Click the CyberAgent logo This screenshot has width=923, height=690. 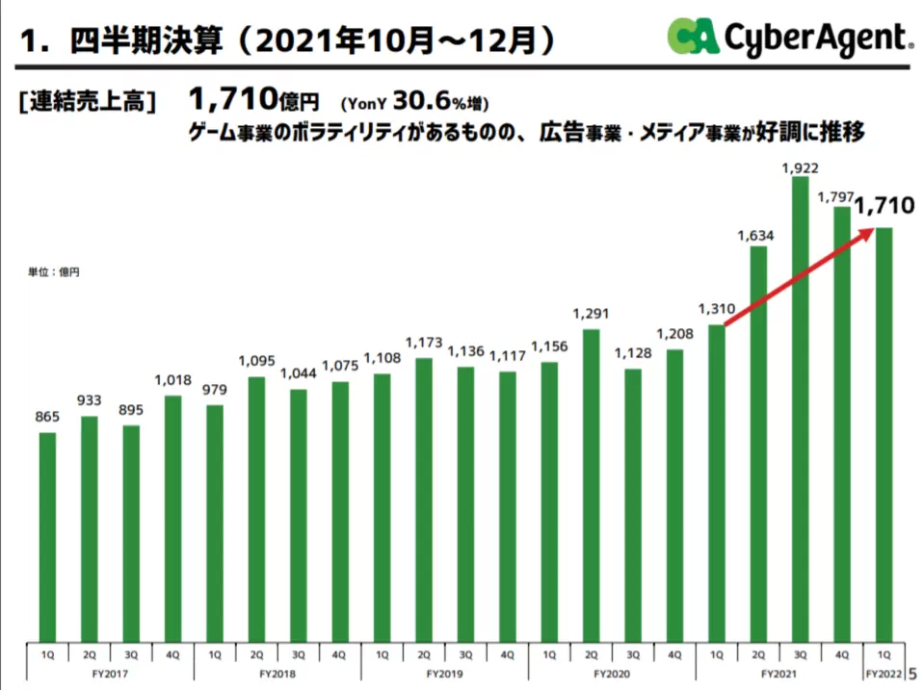click(x=789, y=38)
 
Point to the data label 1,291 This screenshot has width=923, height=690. click(x=591, y=313)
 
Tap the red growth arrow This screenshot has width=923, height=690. click(x=799, y=278)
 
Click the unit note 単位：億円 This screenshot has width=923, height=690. click(x=54, y=273)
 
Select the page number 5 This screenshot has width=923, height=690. click(x=913, y=674)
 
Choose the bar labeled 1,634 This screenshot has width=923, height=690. click(x=758, y=444)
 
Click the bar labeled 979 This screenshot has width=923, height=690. click(x=214, y=524)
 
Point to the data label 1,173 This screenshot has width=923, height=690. click(x=423, y=342)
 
